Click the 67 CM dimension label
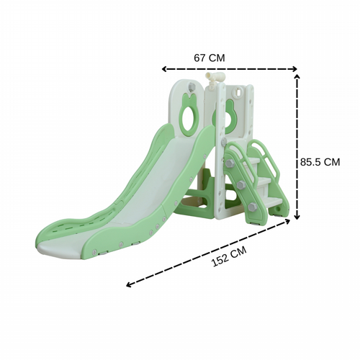(x=210, y=58)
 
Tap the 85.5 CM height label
(x=320, y=162)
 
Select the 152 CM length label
(x=229, y=256)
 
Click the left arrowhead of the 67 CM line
(x=164, y=69)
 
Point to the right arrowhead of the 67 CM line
(x=294, y=69)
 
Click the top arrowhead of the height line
(x=297, y=77)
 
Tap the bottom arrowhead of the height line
(x=297, y=217)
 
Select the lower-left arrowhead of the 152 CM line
(x=129, y=285)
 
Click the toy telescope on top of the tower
(x=215, y=80)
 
